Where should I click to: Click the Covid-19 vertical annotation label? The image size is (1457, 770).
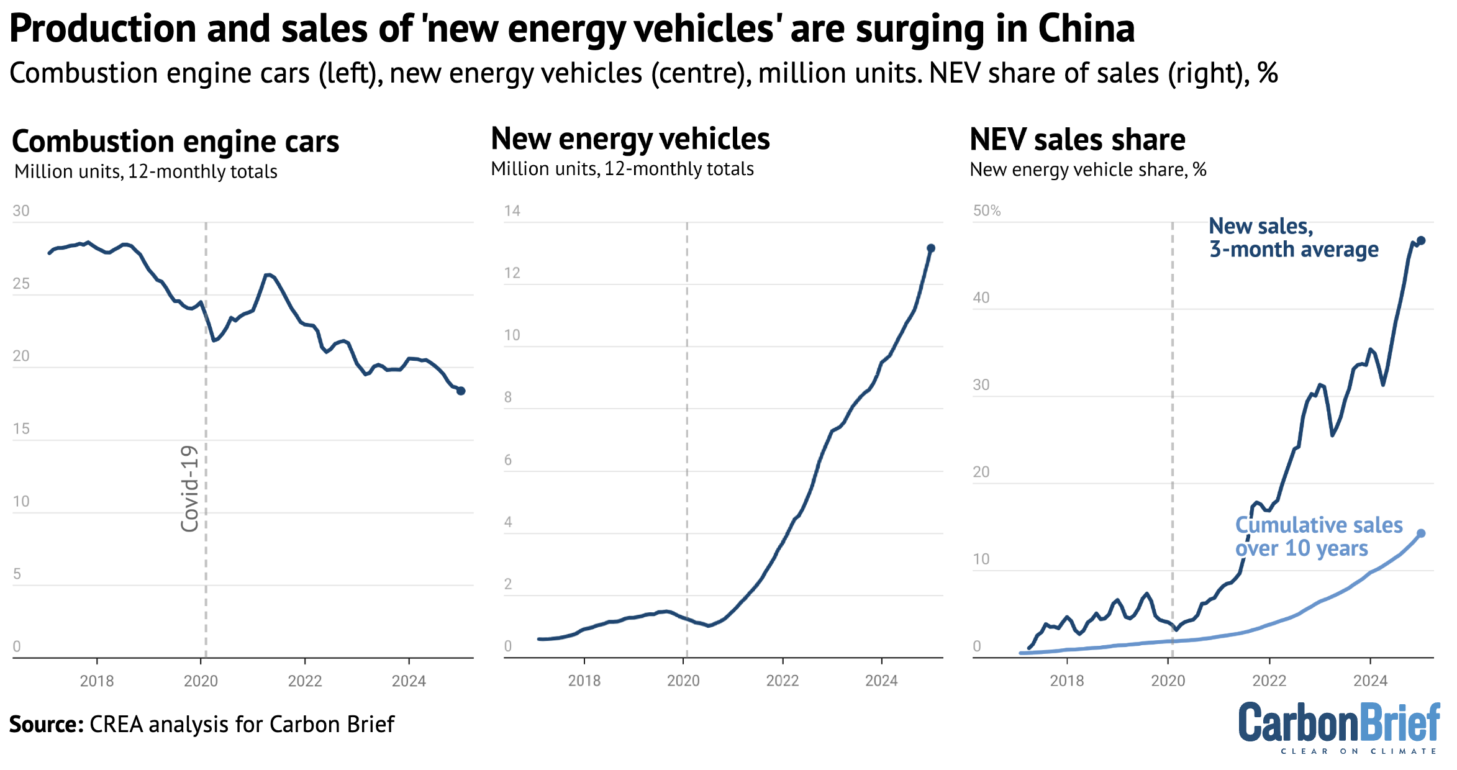(x=189, y=488)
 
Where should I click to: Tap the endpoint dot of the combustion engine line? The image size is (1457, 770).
(x=461, y=391)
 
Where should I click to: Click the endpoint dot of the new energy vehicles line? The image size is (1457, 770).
(x=931, y=248)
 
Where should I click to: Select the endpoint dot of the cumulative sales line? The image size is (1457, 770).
(x=1421, y=533)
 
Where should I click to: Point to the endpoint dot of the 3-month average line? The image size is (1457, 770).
(x=1421, y=240)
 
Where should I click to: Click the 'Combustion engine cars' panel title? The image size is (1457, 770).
(x=175, y=142)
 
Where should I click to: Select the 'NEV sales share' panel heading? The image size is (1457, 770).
(x=1077, y=140)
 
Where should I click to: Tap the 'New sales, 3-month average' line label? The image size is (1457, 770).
(x=1293, y=238)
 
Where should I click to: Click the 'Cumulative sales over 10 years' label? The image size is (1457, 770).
(x=1318, y=537)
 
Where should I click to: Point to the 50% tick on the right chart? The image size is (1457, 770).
(x=987, y=211)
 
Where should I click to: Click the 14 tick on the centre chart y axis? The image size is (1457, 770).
(x=512, y=211)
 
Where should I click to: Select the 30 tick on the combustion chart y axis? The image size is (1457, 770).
(x=21, y=211)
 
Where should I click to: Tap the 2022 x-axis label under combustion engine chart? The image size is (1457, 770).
(x=305, y=681)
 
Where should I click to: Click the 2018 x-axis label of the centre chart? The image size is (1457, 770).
(x=584, y=681)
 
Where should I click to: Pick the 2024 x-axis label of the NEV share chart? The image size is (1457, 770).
(x=1370, y=681)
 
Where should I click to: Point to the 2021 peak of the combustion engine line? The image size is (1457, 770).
(x=267, y=274)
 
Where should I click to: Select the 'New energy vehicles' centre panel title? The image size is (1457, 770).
(x=630, y=139)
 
